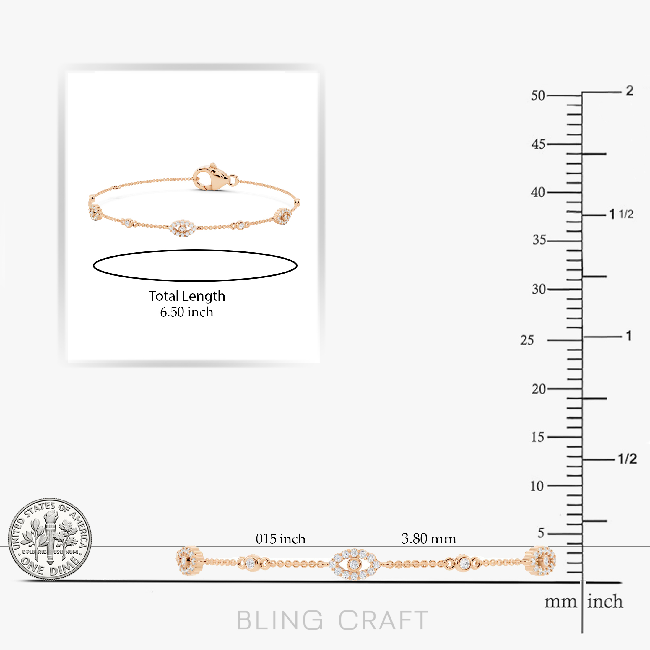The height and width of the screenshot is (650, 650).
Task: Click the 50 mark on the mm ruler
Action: click(x=538, y=96)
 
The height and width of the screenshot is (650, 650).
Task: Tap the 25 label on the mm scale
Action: click(x=527, y=340)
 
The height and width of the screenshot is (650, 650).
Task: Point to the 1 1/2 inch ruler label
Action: click(x=621, y=214)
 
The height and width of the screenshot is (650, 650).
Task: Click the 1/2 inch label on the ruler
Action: click(x=628, y=459)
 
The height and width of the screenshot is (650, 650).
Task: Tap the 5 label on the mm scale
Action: click(x=541, y=533)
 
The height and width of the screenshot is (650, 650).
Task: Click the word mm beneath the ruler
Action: click(x=560, y=602)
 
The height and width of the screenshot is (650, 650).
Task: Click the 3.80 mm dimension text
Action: click(x=429, y=539)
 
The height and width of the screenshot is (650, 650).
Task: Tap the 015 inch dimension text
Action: click(x=281, y=539)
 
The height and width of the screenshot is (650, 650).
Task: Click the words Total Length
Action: click(x=187, y=296)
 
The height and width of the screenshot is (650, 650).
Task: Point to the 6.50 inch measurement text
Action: click(x=187, y=312)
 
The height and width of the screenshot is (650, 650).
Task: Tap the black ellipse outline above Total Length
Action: click(x=195, y=250)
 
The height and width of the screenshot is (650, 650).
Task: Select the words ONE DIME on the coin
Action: click(x=51, y=567)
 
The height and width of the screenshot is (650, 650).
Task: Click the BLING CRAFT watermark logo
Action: click(x=333, y=620)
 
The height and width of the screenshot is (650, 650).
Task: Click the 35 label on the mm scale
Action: click(x=539, y=240)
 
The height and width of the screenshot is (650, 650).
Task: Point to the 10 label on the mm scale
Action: click(x=537, y=486)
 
